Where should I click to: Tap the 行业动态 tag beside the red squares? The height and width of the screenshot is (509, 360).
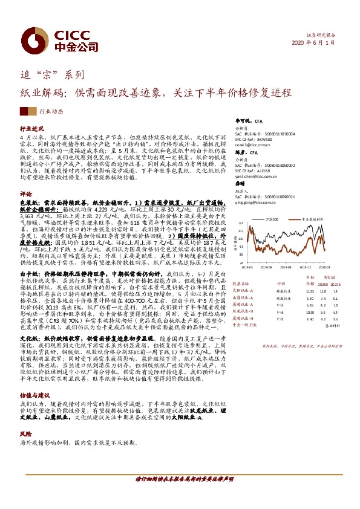tap(52, 111)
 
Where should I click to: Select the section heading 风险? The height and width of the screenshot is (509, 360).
tap(25, 417)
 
